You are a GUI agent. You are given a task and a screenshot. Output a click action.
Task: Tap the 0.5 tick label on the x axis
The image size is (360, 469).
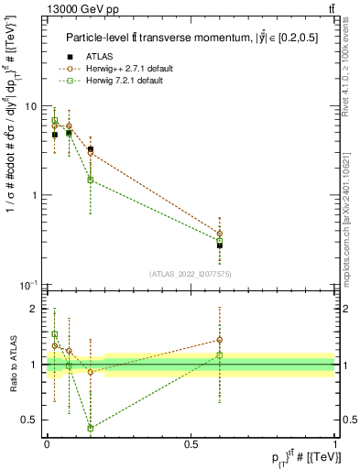tap(191, 444)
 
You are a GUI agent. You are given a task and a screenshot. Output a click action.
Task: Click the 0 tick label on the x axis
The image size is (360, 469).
tap(47, 444)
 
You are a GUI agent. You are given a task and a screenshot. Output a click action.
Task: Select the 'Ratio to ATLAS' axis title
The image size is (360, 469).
tap(11, 365)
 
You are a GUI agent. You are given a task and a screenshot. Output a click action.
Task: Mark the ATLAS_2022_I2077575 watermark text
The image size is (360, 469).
tap(191, 274)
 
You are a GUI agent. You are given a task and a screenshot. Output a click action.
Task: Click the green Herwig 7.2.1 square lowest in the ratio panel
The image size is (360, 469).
tap(90, 428)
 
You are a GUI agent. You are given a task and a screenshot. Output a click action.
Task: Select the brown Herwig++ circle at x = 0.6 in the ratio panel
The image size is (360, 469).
tap(220, 340)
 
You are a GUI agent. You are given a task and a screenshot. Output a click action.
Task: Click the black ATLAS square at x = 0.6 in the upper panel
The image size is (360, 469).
tap(220, 245)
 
